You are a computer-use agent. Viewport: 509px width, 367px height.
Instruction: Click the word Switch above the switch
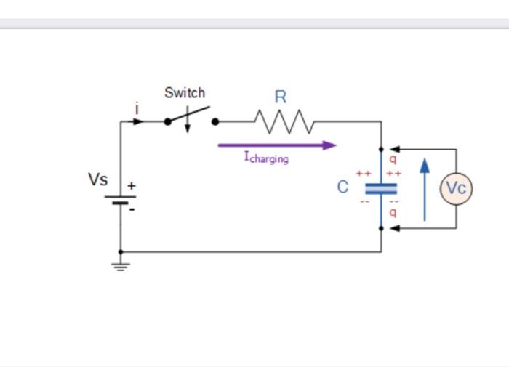[x=185, y=93]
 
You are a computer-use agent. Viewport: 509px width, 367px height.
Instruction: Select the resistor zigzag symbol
[x=284, y=122]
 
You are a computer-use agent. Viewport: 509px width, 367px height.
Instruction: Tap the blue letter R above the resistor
[x=280, y=97]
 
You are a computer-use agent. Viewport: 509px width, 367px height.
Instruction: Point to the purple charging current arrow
[x=277, y=145]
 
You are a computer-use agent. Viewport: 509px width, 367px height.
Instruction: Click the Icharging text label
[x=266, y=157]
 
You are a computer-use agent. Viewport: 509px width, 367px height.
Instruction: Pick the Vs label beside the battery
[x=98, y=180]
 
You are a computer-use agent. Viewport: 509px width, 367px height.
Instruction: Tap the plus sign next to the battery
[x=132, y=186]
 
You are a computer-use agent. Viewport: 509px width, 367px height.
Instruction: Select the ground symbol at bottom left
[x=121, y=265]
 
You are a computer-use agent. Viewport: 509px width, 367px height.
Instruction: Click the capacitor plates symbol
[x=381, y=188]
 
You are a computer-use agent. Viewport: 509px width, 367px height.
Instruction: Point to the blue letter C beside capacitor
[x=342, y=187]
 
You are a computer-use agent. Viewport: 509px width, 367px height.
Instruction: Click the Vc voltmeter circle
[x=456, y=188]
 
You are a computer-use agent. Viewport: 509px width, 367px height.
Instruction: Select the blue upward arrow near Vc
[x=425, y=189]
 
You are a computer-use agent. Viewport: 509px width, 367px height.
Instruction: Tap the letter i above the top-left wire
[x=137, y=108]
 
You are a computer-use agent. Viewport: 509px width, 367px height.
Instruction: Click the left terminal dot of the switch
[x=168, y=122]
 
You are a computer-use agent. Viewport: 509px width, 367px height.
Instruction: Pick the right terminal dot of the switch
[x=215, y=122]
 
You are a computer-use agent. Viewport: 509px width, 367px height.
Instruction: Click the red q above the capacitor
[x=393, y=159]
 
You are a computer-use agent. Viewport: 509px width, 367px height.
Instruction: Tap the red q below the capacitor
[x=393, y=213]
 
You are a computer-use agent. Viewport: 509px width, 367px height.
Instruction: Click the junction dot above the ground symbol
[x=121, y=252]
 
